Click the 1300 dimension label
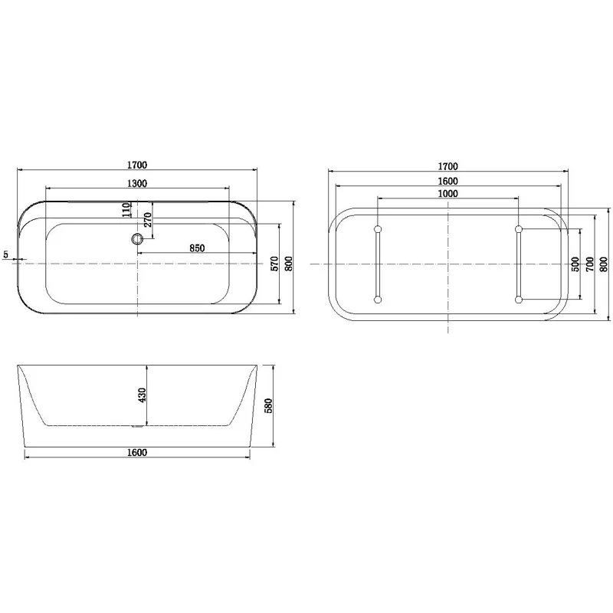coord(137,182)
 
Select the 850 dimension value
coord(196,247)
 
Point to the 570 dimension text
coord(274,264)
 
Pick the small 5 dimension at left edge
coord(6,254)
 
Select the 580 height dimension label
coord(269,404)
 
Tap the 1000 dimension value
coord(448,194)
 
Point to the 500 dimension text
coord(575,264)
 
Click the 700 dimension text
coord(589,264)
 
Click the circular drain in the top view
coord(138,240)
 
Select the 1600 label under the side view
coord(137,452)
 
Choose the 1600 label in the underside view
coord(448,181)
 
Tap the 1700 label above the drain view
coord(137,165)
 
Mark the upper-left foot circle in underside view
coord(377,229)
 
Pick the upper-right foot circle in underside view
coord(520,229)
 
